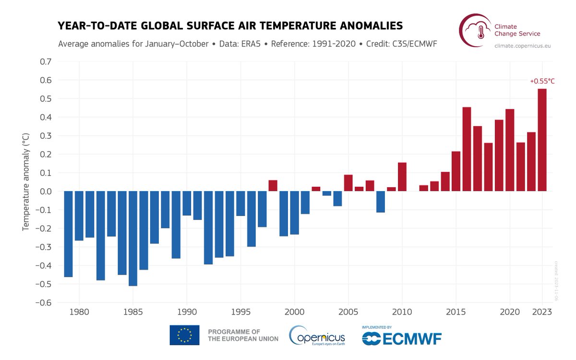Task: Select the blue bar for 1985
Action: pos(133,239)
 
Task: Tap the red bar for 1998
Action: pos(273,186)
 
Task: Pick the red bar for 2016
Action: pos(467,149)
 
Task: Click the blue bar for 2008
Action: pos(381,202)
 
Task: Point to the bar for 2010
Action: pos(402,177)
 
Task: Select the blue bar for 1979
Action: pos(68,234)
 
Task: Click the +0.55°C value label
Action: pos(542,81)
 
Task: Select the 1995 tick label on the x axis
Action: pos(240,312)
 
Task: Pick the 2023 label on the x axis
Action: pos(542,312)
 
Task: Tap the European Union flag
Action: pos(184,335)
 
